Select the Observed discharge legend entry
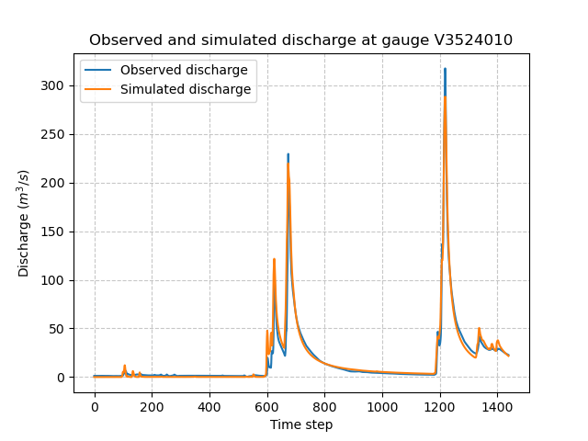(x=184, y=71)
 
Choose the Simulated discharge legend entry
(x=186, y=89)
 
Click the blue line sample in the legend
(x=100, y=71)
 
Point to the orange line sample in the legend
(x=100, y=89)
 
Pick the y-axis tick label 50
(x=58, y=329)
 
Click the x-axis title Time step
(x=301, y=424)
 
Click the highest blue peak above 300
(x=445, y=69)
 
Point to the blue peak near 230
(x=288, y=155)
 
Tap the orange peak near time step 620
(x=274, y=260)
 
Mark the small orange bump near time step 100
(x=124, y=366)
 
